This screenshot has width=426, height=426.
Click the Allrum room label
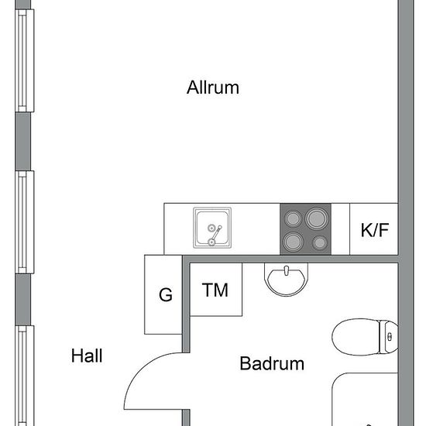point(213,88)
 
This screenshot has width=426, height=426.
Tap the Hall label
point(87,356)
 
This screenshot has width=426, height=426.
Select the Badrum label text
point(272,363)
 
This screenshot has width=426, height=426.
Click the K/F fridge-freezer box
point(374,229)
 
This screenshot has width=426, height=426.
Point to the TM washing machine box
point(216,290)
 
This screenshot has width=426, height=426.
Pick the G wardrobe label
point(166,295)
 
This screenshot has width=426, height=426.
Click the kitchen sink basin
point(212,228)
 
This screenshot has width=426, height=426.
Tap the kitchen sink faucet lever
point(216,234)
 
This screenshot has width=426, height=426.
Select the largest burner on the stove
point(317,218)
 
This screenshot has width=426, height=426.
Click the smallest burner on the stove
point(320,243)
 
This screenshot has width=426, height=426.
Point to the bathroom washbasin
point(287,279)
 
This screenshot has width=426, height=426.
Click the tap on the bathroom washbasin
point(286,271)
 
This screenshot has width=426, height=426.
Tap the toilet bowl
point(356,337)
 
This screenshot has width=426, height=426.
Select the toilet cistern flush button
point(390,337)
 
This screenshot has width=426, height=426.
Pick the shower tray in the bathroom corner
point(365,400)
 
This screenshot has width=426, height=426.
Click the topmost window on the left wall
point(25,60)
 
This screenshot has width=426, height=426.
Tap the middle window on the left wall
point(25,222)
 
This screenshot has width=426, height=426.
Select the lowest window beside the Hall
point(25,376)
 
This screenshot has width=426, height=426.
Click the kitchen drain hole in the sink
point(211,228)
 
